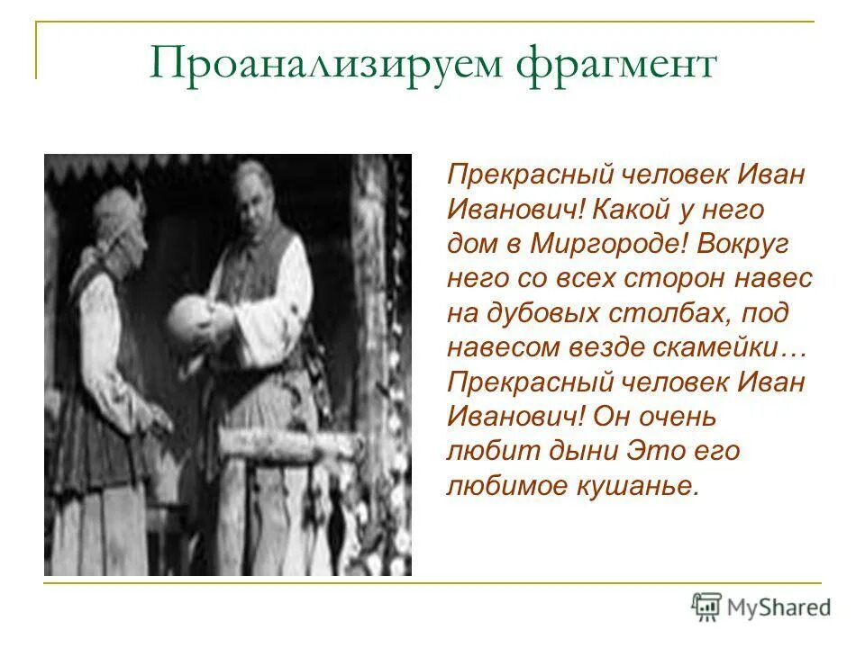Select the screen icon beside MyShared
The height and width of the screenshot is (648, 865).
[x=707, y=607]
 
